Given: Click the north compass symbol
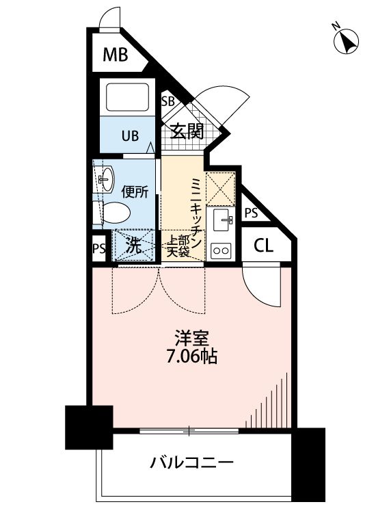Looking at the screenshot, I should pos(347,42).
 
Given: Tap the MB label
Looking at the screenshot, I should pos(116,55).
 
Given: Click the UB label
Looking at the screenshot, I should pos(130,135).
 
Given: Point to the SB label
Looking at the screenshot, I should pos(167,101).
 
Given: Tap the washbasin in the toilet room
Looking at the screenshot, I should pos(105,181).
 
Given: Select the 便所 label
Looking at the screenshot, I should pos(135,192).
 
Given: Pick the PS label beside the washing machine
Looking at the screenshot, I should pos(99,248).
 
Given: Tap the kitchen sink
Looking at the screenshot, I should pos(223,220).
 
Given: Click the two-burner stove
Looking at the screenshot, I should pos(222,251).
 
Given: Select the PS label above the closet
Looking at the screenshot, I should pos(251,213).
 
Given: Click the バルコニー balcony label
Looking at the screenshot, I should pos(192,463).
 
